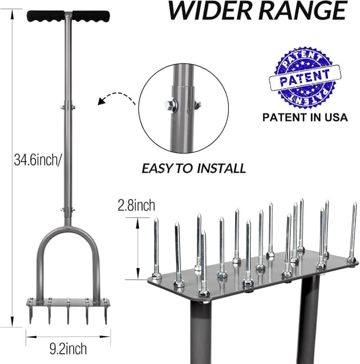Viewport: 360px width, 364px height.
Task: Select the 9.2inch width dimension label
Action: (x=67, y=349)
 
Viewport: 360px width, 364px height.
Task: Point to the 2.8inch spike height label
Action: (x=136, y=206)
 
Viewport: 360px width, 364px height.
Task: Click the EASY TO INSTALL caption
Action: (x=193, y=168)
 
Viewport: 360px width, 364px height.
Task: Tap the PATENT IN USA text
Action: (x=305, y=118)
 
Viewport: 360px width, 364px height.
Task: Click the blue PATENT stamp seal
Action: (x=305, y=79)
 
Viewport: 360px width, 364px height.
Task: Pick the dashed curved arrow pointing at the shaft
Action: (x=116, y=99)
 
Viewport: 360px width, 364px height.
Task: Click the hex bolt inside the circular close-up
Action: (x=171, y=103)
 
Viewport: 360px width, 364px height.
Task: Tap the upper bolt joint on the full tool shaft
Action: (x=68, y=106)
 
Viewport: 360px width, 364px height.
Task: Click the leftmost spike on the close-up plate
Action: (x=156, y=247)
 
